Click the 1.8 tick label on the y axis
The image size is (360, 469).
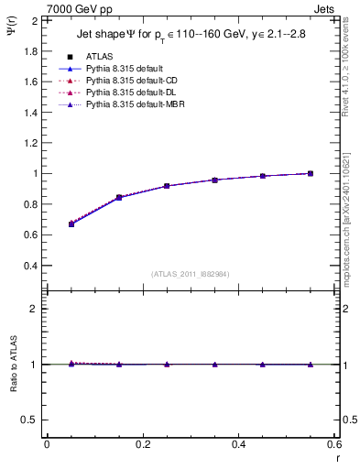29,51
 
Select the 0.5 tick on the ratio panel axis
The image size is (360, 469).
29,420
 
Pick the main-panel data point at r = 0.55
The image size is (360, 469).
311,173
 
